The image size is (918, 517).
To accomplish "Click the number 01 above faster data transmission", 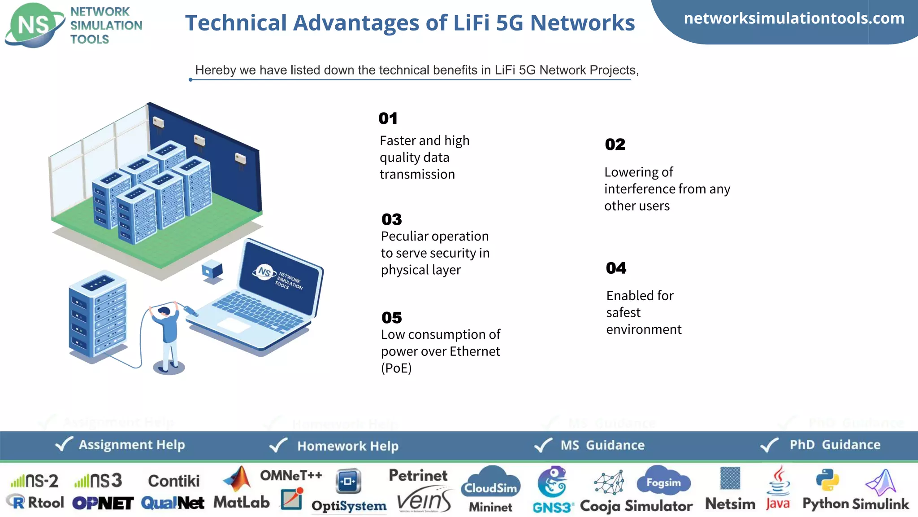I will click(x=388, y=118).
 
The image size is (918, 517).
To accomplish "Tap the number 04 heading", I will click(x=616, y=268).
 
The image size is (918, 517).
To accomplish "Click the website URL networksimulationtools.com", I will click(x=794, y=18).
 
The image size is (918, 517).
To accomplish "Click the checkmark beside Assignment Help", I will click(x=64, y=444).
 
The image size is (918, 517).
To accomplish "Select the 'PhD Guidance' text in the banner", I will click(x=835, y=444).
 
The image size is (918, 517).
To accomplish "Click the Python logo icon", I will click(x=827, y=480).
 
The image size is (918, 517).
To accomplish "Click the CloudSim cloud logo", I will click(x=491, y=483).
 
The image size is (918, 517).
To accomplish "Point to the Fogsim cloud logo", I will click(x=663, y=481).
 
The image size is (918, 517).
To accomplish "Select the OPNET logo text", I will click(x=103, y=503).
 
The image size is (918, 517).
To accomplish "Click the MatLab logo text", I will click(x=242, y=502).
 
